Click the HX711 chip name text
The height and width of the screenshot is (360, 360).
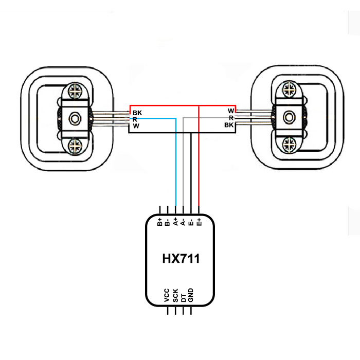coord(181,259)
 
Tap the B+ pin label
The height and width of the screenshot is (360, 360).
coord(160,222)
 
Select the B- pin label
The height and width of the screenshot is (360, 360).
coord(167,223)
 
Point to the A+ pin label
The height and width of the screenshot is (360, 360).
coord(175,222)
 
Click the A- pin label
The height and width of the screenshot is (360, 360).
coord(183,222)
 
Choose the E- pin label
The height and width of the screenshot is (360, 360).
coord(191,223)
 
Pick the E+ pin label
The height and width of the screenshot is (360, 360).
coord(199,222)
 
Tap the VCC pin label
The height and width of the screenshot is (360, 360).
coord(167,295)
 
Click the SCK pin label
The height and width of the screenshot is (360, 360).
coord(175,296)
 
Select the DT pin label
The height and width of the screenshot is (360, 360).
coord(183,298)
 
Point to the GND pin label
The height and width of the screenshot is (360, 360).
coord(191,295)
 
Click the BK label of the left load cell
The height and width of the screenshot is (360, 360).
coord(137,113)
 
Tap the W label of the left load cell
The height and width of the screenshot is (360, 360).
coord(136,126)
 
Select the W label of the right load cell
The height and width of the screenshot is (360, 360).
coord(231,111)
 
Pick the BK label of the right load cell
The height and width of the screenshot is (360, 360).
coord(229,125)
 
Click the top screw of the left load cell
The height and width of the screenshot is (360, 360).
coord(75,91)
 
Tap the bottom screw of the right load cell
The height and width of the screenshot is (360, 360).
coord(289,145)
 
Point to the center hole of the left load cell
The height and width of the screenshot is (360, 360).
coord(75,119)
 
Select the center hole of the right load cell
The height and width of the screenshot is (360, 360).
coord(289,117)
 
